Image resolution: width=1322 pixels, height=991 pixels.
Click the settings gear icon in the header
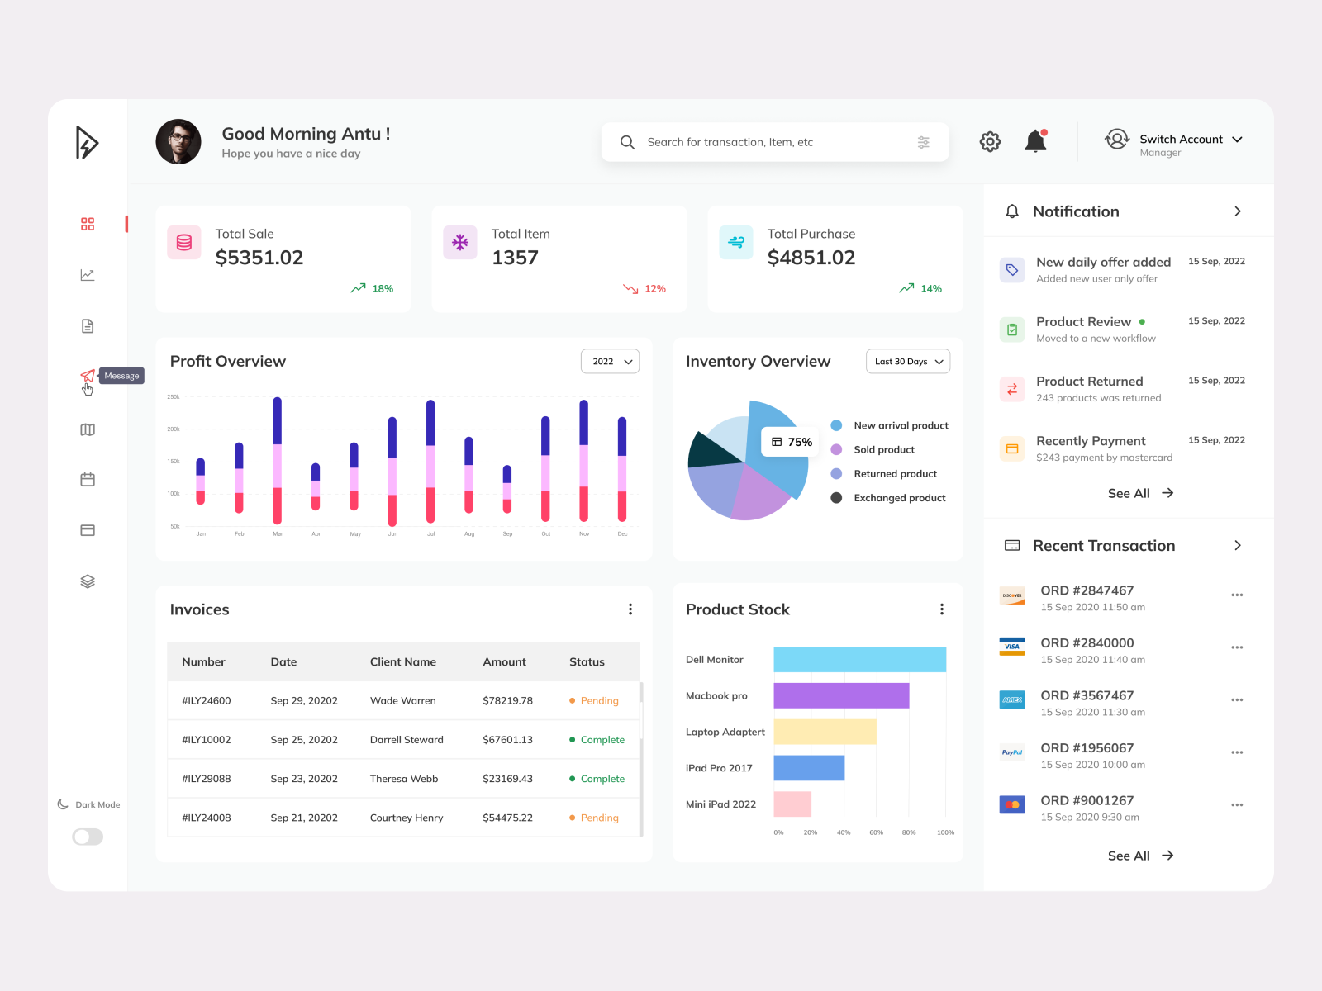click(x=990, y=142)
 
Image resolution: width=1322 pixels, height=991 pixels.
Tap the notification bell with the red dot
click(x=1035, y=141)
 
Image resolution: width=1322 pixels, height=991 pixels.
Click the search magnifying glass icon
click(x=627, y=142)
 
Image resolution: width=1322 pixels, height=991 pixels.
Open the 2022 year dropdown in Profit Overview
click(x=611, y=362)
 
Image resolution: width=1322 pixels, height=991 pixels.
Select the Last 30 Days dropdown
click(x=907, y=362)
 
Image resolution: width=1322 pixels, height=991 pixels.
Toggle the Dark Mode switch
click(x=88, y=837)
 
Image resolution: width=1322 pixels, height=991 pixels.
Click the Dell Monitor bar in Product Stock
click(x=859, y=659)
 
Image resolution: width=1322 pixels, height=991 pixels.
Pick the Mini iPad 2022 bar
click(x=792, y=804)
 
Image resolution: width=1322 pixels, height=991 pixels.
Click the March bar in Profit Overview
click(x=278, y=460)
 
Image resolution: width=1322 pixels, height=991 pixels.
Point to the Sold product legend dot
click(x=836, y=449)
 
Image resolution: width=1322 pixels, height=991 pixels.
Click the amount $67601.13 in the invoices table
click(x=507, y=740)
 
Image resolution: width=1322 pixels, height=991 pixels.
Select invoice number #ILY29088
click(x=207, y=779)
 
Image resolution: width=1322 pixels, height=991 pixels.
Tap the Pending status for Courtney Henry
click(x=599, y=818)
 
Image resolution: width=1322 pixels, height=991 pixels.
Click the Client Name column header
click(x=403, y=661)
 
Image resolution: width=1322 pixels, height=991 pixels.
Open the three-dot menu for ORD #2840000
click(x=1237, y=647)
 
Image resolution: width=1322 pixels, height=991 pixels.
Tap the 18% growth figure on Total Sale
click(x=382, y=288)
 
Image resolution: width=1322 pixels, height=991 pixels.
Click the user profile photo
click(x=178, y=142)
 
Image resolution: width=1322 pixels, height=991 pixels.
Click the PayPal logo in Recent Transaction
click(x=1012, y=752)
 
